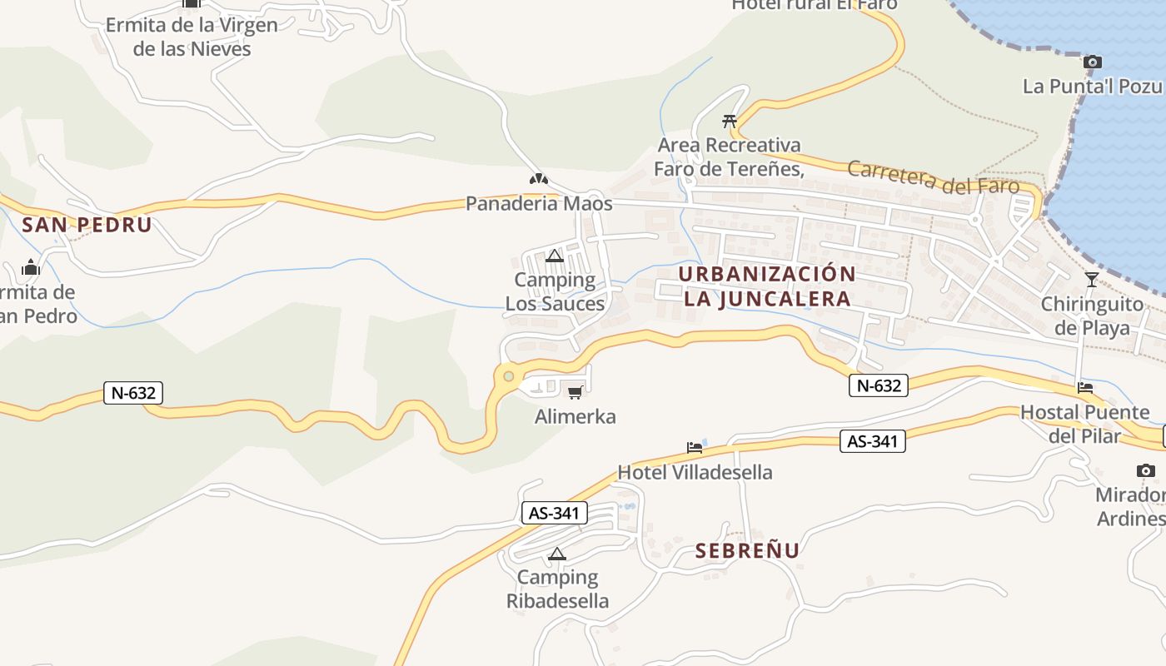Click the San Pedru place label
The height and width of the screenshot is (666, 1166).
tap(87, 225)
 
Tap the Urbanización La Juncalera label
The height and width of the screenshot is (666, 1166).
tap(766, 286)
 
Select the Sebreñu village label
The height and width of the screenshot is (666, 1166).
tap(747, 550)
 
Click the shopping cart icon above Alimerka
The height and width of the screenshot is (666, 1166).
tap(575, 392)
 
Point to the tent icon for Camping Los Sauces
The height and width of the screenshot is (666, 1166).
tap(555, 256)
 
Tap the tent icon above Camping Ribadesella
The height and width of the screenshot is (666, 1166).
tap(557, 554)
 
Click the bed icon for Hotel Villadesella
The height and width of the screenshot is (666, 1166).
tap(695, 448)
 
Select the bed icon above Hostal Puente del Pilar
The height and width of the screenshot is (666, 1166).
tap(1084, 387)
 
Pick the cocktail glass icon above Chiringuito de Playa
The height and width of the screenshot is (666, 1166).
tap(1092, 279)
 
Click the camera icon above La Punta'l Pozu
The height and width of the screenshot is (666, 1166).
tap(1093, 62)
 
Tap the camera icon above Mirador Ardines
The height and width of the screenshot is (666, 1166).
tap(1146, 470)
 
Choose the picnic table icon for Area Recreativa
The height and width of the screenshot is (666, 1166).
tap(730, 121)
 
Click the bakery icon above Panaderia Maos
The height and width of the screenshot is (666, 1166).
tap(539, 179)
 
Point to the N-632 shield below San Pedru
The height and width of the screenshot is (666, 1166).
tap(133, 393)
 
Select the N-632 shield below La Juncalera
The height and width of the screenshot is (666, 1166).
tap(879, 385)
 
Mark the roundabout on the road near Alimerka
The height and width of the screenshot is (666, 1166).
tap(509, 376)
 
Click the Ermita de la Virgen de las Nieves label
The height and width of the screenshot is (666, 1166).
tap(192, 37)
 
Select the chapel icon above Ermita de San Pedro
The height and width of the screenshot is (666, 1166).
tap(31, 267)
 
